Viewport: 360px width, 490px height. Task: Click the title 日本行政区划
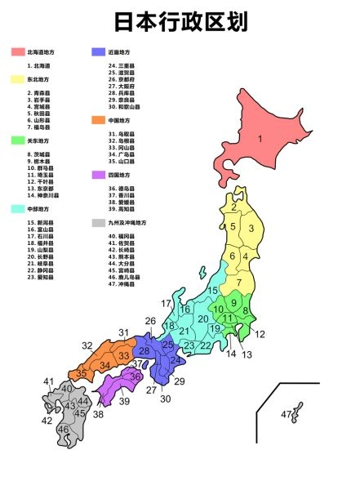180,21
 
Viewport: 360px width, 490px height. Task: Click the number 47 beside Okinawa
287,416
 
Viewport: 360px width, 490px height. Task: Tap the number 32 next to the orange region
87,345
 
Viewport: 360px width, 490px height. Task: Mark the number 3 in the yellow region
251,229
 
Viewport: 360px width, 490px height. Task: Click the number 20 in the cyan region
202,318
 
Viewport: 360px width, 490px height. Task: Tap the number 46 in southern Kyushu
63,430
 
